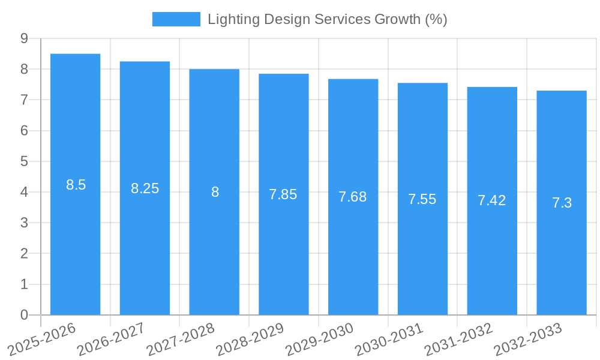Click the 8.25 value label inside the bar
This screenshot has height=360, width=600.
click(145, 188)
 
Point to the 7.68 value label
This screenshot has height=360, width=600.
click(353, 197)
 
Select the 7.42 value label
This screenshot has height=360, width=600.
click(492, 200)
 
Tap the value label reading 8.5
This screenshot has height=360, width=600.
click(76, 185)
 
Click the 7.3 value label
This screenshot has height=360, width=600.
click(562, 203)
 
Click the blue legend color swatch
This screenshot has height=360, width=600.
click(176, 19)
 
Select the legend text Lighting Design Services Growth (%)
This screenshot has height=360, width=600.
click(327, 19)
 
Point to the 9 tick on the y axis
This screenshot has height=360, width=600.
click(24, 38)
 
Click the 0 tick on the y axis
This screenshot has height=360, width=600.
click(24, 315)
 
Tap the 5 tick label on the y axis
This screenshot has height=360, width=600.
click(24, 161)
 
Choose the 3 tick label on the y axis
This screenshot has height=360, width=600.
click(24, 223)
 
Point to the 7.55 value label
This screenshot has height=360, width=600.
click(422, 199)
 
